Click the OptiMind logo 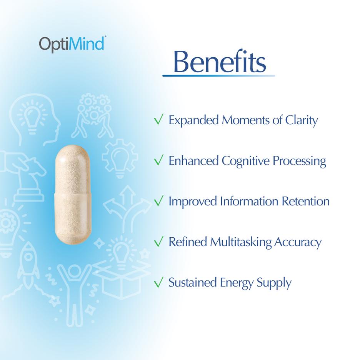pos(72,43)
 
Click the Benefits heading pos(219,62)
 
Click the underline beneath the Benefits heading pos(218,76)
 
